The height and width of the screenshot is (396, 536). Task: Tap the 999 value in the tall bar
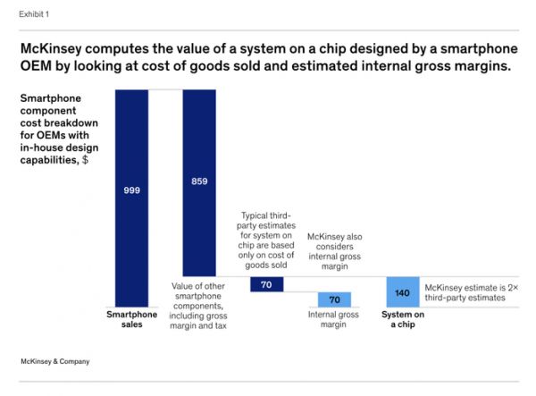[x=131, y=190]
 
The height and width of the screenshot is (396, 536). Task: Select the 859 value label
[x=199, y=181]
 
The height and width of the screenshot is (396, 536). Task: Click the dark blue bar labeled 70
[x=266, y=284]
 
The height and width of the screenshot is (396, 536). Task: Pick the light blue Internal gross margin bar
[x=334, y=299]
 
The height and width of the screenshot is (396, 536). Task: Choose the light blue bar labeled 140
[x=403, y=291]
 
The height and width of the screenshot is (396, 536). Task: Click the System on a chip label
[x=403, y=320]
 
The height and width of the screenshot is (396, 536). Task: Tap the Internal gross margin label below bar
[x=334, y=320]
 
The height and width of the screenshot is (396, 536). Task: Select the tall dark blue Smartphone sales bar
[x=131, y=241]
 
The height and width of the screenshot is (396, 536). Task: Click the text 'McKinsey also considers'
[x=334, y=243]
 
